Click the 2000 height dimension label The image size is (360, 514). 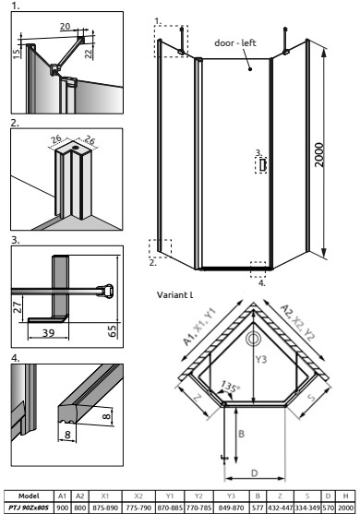[x=318, y=155]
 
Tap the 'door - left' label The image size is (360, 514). [x=235, y=43]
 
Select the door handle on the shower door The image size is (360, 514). [x=262, y=165]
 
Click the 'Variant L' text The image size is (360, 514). [x=174, y=294]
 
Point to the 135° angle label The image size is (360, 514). [x=230, y=387]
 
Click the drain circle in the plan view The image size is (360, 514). [x=253, y=339]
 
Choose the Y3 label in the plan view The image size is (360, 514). [x=261, y=360]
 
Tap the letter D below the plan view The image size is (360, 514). [x=255, y=473]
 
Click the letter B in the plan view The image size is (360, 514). [x=241, y=434]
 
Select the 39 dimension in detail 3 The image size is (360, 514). [x=48, y=333]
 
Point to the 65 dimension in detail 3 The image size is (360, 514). [x=112, y=331]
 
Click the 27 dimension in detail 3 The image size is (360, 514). [x=18, y=307]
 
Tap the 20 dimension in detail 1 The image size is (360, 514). [x=66, y=26]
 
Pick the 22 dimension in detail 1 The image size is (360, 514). [x=89, y=53]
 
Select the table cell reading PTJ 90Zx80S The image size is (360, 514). [x=29, y=508]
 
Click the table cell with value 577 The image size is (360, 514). [x=258, y=508]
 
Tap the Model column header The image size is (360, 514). [x=29, y=496]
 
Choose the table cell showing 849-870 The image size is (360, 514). [x=231, y=508]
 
